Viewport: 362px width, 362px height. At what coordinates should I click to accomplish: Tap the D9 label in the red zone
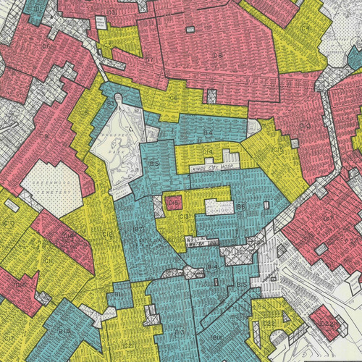coord(43,135)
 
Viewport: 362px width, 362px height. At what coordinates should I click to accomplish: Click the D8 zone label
coord(173,97)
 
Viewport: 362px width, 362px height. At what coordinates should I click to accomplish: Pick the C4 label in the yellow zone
coord(306,28)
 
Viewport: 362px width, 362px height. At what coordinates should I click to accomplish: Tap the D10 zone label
coord(304,127)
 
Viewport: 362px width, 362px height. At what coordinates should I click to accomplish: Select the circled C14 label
coord(207,151)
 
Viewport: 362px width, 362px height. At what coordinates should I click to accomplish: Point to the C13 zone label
coord(185,216)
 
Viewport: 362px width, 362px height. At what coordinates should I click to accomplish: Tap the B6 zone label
coord(240,206)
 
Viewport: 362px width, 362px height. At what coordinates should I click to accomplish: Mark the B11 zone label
coord(120,295)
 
